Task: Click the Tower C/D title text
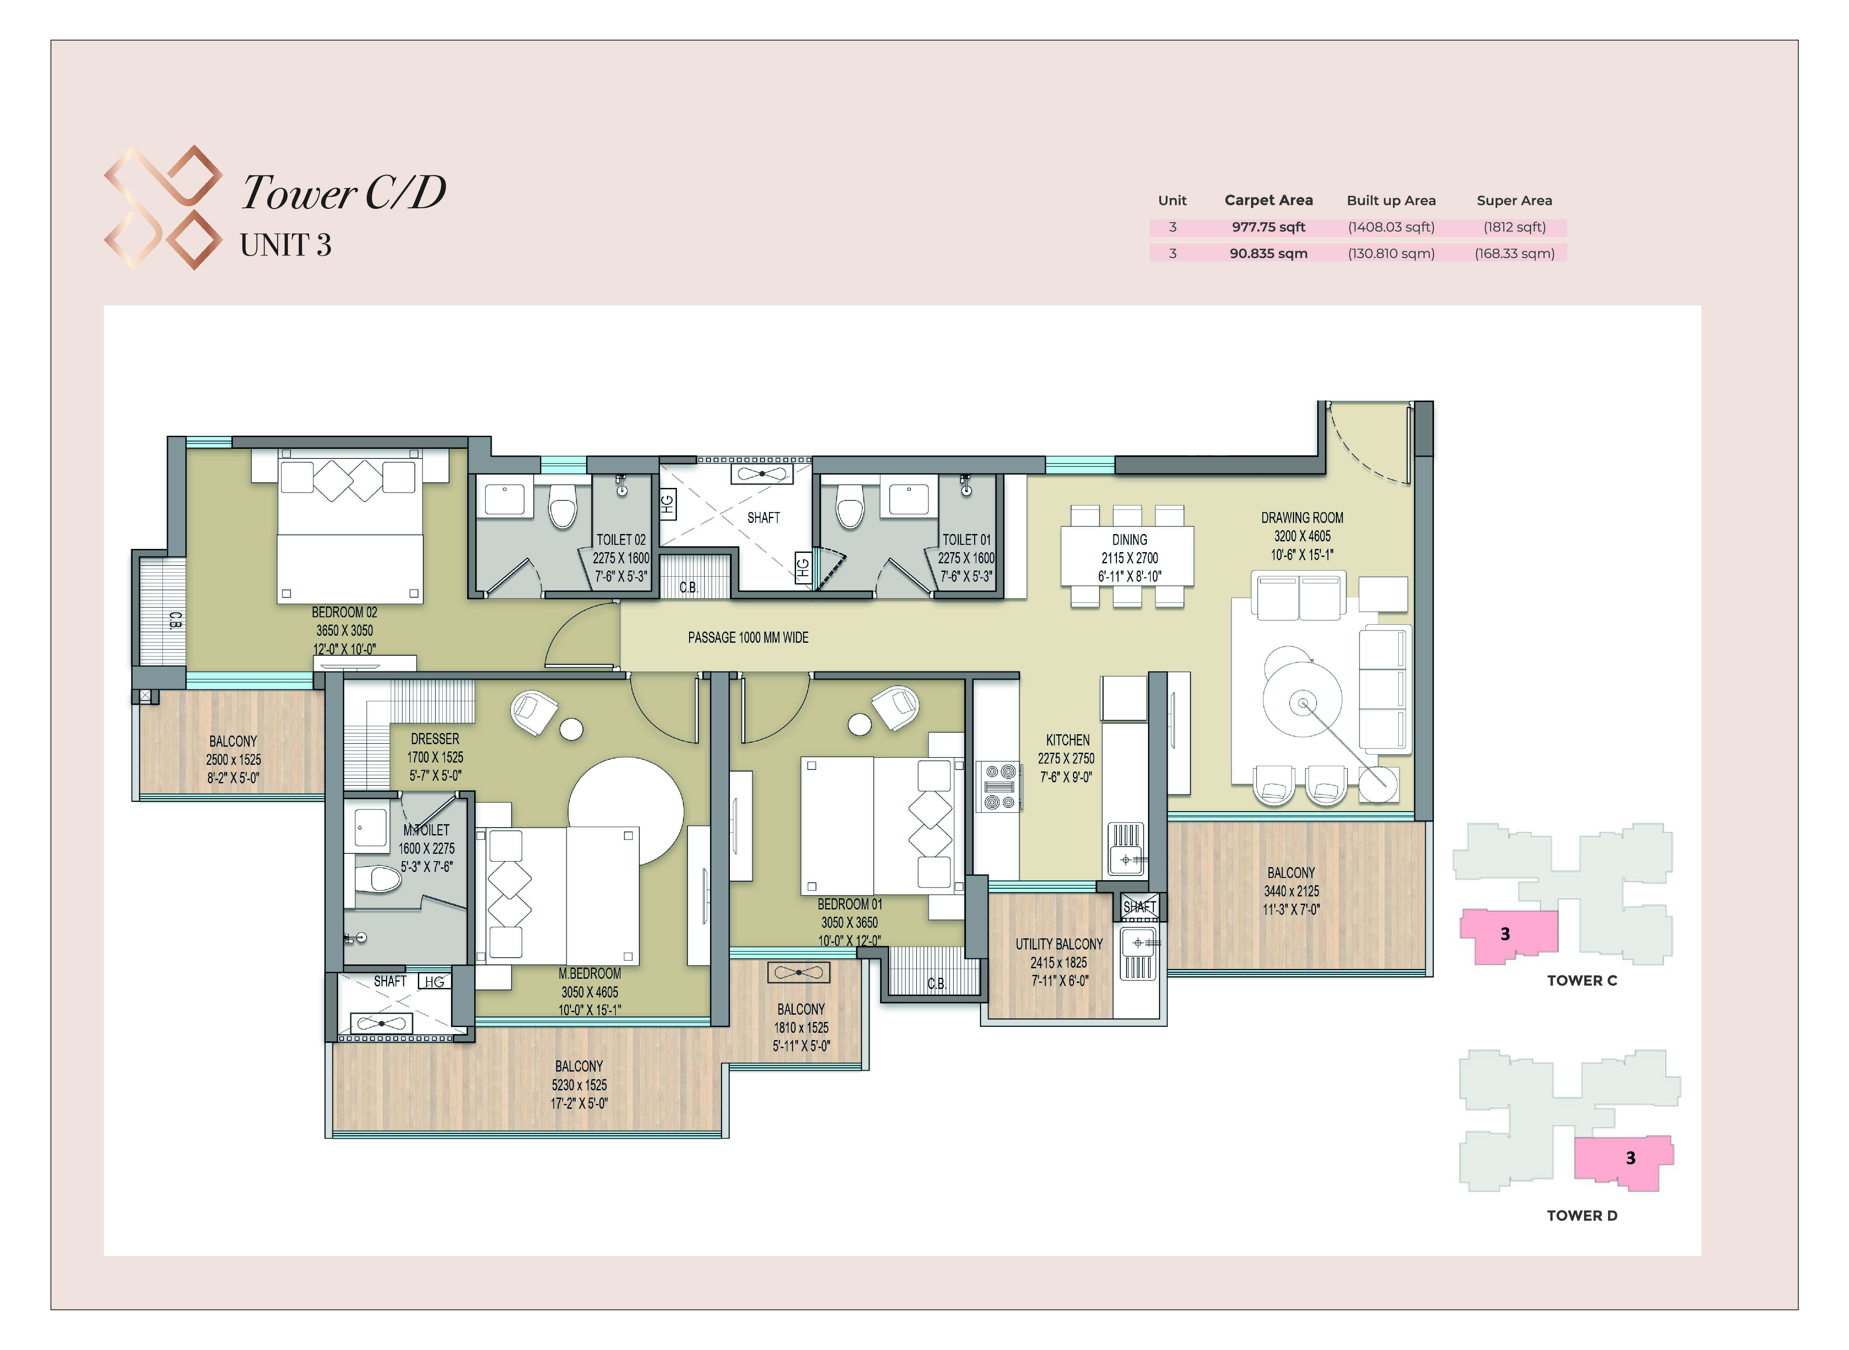(343, 193)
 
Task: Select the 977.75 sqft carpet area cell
(1269, 227)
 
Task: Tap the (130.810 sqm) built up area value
(1391, 253)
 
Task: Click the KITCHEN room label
(1068, 740)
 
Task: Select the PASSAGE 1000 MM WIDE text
(748, 637)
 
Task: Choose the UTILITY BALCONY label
(1059, 944)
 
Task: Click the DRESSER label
(435, 739)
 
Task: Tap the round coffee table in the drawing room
(1303, 703)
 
